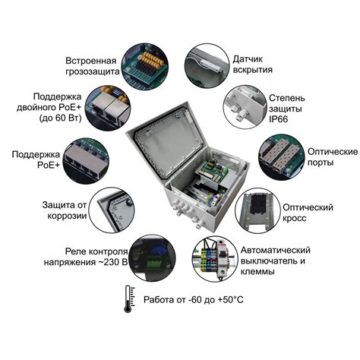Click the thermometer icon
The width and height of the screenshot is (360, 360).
(x=129, y=299)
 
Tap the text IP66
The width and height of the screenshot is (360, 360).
(x=278, y=119)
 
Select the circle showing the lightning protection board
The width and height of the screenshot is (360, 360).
(x=145, y=66)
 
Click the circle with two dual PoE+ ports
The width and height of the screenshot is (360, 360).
(x=108, y=109)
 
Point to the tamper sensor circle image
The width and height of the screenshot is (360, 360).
(x=207, y=66)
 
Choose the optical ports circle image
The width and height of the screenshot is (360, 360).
(x=281, y=157)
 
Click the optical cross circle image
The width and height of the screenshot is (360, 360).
(x=257, y=210)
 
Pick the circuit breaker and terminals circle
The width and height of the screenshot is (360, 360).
(x=215, y=259)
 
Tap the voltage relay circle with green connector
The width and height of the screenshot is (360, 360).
(x=153, y=257)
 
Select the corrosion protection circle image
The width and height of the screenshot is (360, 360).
(x=112, y=210)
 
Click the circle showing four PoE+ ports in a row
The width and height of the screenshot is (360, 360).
(x=86, y=161)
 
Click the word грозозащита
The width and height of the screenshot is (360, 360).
(x=93, y=71)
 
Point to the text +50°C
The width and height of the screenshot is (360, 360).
(x=231, y=300)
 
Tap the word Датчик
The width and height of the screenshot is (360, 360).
(x=248, y=59)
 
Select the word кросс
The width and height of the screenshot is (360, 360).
(x=295, y=218)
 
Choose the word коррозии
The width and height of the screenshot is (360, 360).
(x=67, y=216)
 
